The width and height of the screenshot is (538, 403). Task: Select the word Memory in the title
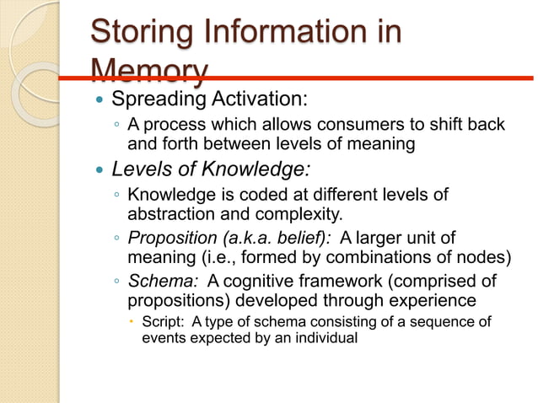148,70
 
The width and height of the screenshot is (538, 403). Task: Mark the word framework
343,281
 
